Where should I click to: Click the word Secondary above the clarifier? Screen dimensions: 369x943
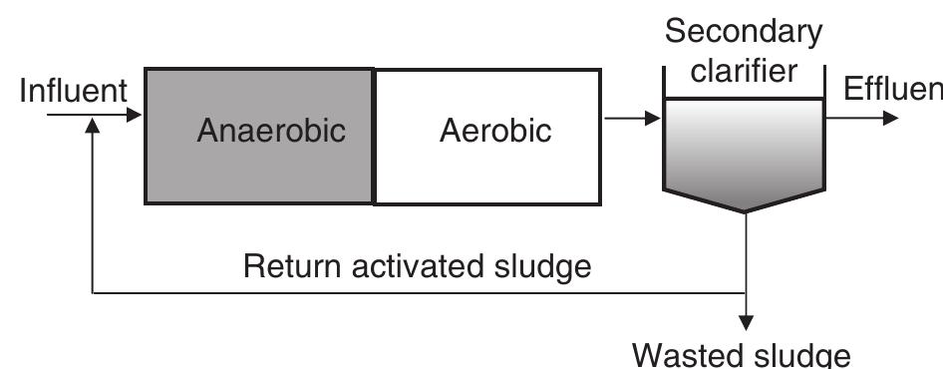pyautogui.click(x=744, y=32)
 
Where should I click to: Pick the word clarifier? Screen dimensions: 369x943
pyautogui.click(x=744, y=72)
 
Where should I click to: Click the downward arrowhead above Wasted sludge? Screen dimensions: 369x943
pyautogui.click(x=745, y=323)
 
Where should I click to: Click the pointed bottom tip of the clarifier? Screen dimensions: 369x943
pyautogui.click(x=745, y=209)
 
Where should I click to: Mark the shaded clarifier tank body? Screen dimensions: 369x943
pyautogui.click(x=745, y=150)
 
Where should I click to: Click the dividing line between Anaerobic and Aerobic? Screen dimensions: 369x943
pyautogui.click(x=374, y=136)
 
